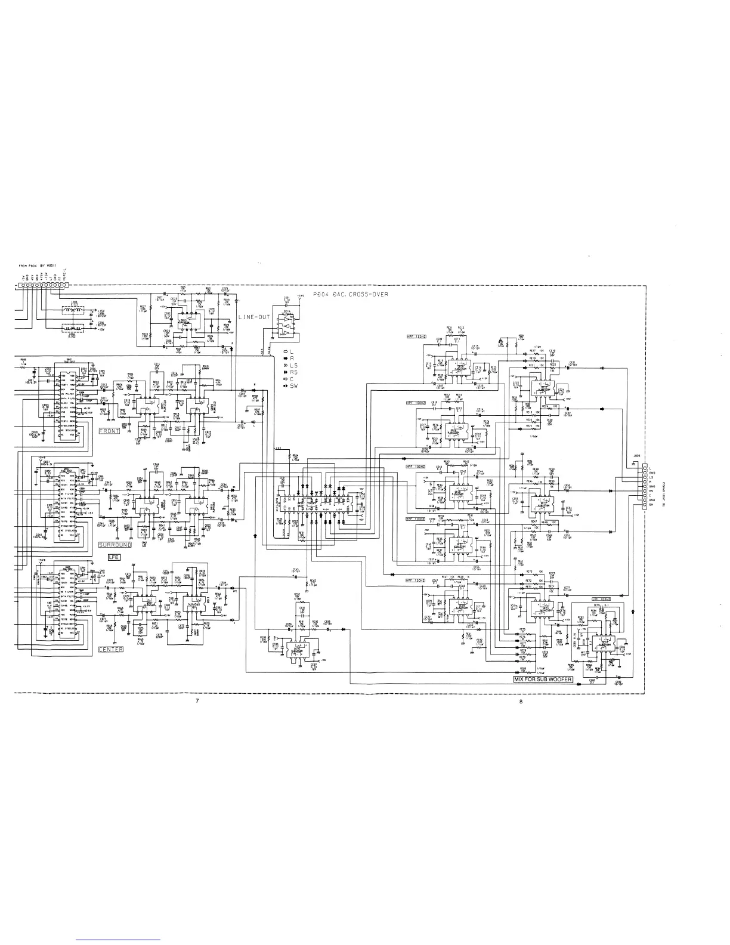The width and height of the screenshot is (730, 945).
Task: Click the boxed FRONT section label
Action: point(109,431)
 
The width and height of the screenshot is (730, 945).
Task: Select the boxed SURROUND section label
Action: point(111,545)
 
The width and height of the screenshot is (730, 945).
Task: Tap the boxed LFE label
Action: point(115,557)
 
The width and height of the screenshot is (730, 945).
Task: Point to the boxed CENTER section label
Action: point(110,649)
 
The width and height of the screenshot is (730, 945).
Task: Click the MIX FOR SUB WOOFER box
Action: point(543,680)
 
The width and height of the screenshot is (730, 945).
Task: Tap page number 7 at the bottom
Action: point(197,701)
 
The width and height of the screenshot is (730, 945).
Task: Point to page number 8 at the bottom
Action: point(521,701)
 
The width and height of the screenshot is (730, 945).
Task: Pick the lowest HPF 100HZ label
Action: point(415,580)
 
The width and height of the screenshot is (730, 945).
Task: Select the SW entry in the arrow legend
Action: point(293,387)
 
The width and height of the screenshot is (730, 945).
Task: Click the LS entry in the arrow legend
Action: point(293,365)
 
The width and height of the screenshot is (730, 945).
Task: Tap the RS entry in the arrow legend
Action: point(293,372)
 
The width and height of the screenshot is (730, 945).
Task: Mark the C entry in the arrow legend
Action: point(292,379)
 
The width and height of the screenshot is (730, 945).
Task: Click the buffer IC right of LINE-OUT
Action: point(287,324)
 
